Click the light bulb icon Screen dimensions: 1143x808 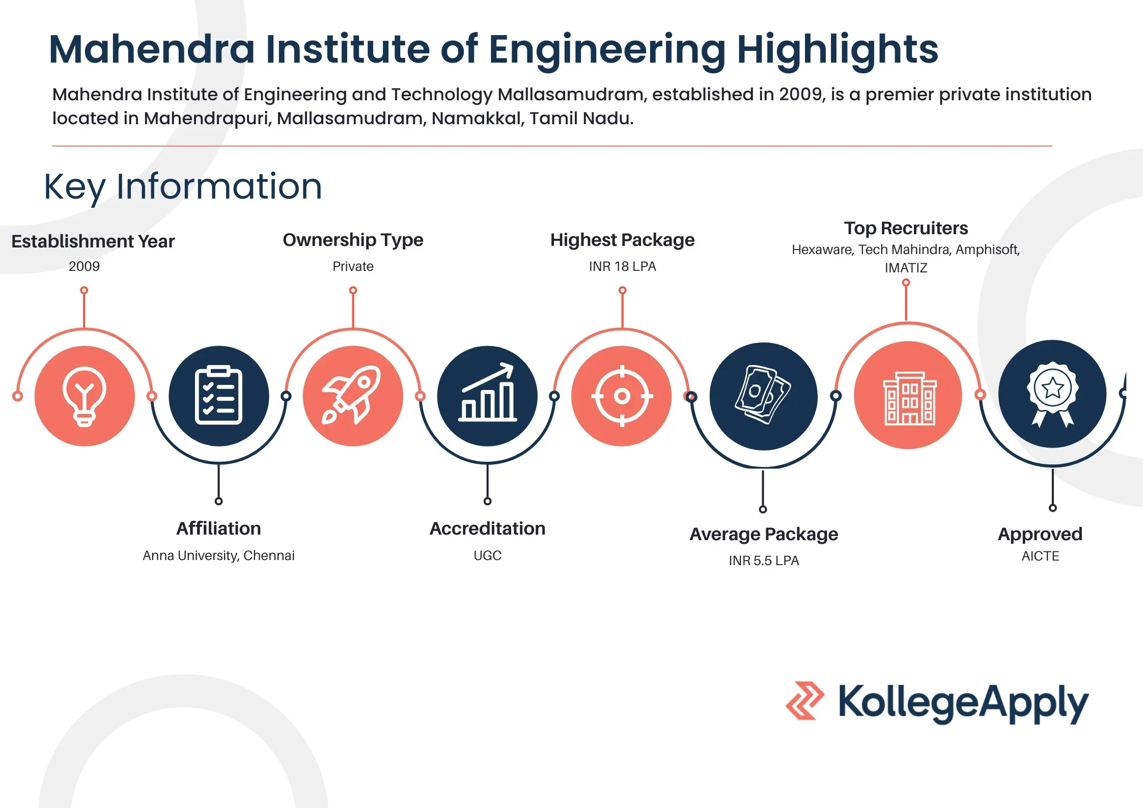point(85,396)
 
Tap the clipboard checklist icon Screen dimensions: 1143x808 point(218,395)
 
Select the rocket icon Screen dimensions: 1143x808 point(352,395)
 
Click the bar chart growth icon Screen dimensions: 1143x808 point(488,392)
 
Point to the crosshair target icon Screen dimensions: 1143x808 point(622,396)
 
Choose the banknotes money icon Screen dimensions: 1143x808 point(763,395)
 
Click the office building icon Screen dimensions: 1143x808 point(909,398)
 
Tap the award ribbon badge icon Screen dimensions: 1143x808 point(1052,394)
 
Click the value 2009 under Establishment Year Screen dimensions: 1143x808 point(84,266)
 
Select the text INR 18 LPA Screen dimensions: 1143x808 point(622,266)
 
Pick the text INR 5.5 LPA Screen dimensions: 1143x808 point(764,561)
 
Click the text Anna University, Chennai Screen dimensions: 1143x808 point(218,555)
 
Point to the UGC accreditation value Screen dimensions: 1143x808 point(487,555)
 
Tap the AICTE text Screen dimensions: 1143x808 point(1040,556)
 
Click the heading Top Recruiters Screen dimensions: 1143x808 point(906,228)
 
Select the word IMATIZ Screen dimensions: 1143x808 point(906,268)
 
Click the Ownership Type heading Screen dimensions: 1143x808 point(353,240)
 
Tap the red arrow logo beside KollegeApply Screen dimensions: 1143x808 point(805,701)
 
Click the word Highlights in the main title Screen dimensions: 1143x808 point(838,49)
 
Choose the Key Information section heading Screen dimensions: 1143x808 point(183,187)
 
